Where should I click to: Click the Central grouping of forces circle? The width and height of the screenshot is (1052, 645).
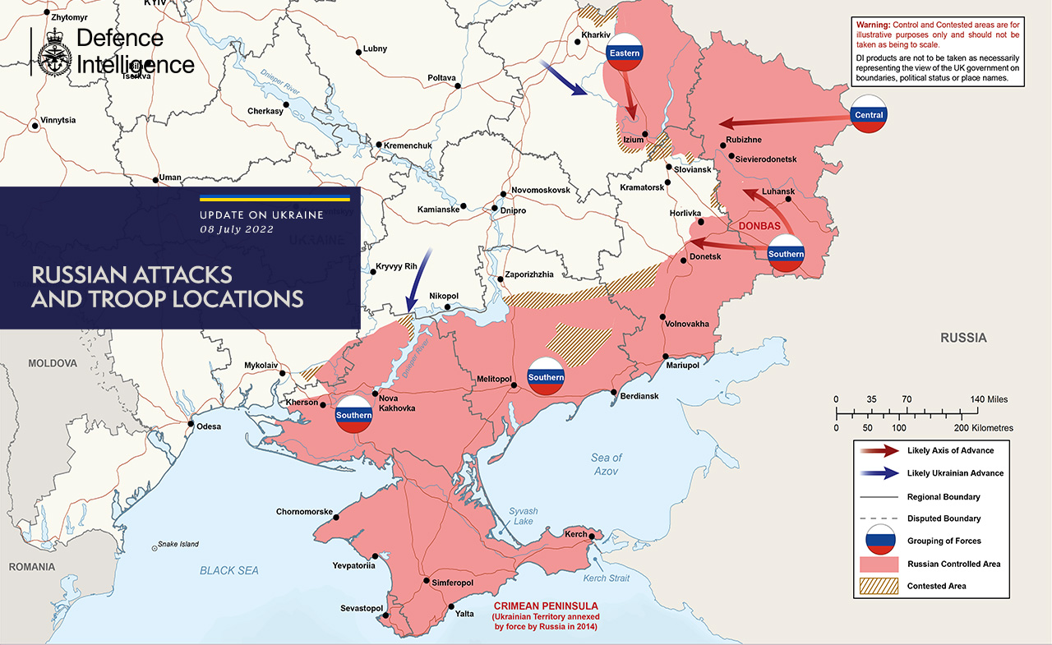point(869,115)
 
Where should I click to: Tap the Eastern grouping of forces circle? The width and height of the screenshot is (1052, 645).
point(624,53)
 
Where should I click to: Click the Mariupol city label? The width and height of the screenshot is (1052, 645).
point(682,366)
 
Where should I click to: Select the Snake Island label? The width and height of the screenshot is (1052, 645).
point(178,544)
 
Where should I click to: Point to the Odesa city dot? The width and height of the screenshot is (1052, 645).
point(191,425)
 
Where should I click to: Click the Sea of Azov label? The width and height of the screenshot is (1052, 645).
point(606,464)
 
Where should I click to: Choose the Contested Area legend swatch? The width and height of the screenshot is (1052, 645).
point(878,587)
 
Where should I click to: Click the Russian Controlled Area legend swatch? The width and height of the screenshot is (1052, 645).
point(878,564)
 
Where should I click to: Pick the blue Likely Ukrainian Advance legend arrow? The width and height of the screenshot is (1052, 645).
point(878,473)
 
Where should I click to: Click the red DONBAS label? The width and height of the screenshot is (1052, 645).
point(760,225)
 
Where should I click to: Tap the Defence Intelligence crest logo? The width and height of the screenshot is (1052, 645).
point(54,53)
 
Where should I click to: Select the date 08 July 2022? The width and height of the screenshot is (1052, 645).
point(237,229)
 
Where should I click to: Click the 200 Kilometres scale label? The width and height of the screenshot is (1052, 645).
point(983,428)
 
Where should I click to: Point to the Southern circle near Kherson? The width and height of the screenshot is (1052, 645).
point(353,415)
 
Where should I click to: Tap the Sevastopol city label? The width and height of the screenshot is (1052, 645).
point(362,609)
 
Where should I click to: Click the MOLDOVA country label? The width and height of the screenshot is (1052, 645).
point(52,363)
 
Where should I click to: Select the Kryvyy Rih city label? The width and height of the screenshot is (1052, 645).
point(398,268)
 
